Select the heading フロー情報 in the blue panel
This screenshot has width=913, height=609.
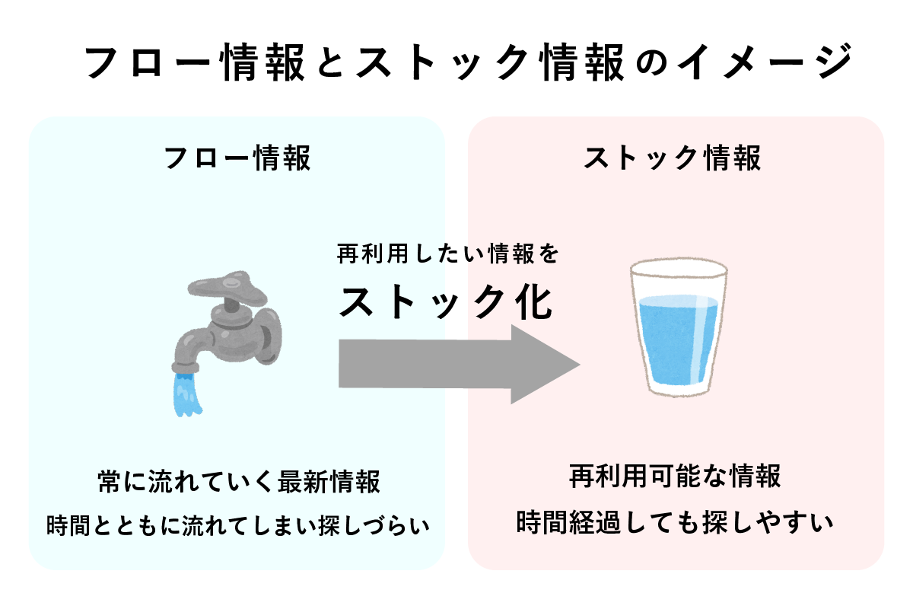tap(237, 158)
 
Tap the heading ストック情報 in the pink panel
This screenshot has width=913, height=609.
tap(673, 158)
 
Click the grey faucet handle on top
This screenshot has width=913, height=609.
tap(229, 285)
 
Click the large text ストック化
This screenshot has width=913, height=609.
tap(445, 302)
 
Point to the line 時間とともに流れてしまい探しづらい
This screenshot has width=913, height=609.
tap(237, 525)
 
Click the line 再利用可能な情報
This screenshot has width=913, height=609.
tap(676, 477)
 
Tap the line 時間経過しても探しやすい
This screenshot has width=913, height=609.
tap(676, 523)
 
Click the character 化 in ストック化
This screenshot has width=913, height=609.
tap(530, 302)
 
